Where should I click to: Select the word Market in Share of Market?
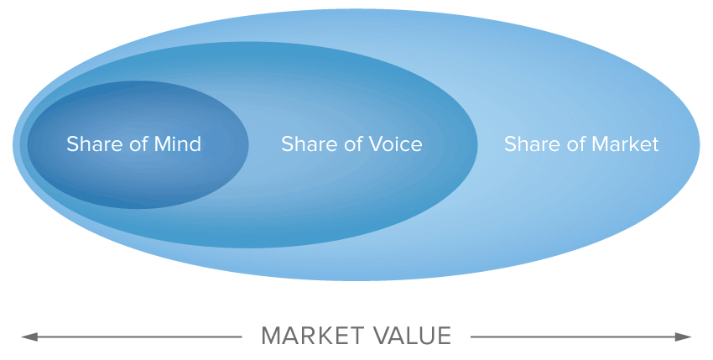click(625, 144)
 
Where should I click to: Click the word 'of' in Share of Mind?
click(138, 144)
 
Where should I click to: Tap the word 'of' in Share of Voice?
click(353, 144)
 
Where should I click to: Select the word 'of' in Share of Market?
click(576, 144)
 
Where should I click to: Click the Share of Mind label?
click(134, 144)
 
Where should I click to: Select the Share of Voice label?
click(351, 144)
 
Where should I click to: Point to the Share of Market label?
click(581, 144)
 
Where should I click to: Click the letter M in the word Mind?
click(161, 144)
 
